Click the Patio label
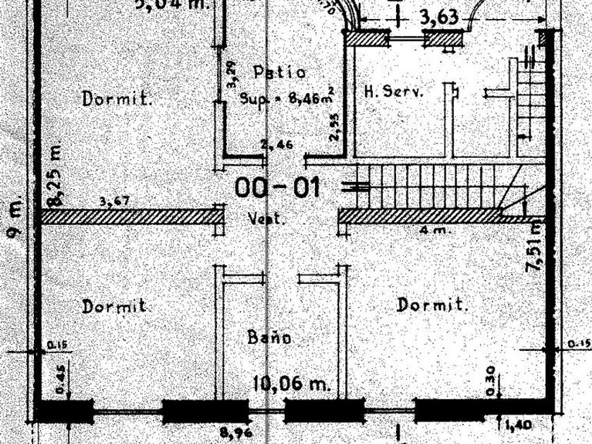pos(279,72)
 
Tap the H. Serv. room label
pos(393,92)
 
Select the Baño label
pos(269,337)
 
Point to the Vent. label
pos(268,219)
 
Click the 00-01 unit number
pos(278,187)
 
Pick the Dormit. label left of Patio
pos(118,98)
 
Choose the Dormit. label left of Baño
pos(115,307)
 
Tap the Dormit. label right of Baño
pos(433,305)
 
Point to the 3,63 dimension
pos(439,17)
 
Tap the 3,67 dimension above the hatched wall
pos(113,202)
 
